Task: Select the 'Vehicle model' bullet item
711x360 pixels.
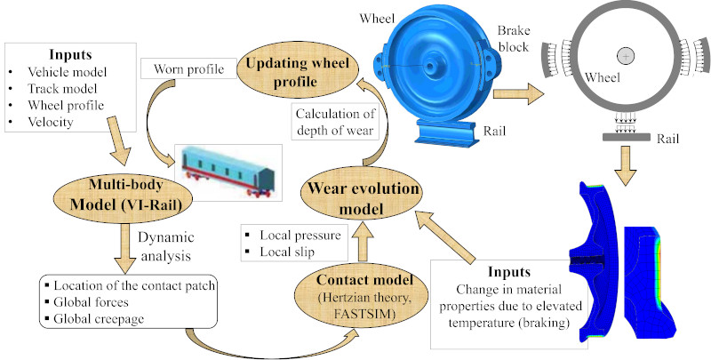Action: point(62,72)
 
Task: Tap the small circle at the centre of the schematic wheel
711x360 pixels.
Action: point(627,57)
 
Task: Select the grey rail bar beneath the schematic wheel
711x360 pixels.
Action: point(627,138)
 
